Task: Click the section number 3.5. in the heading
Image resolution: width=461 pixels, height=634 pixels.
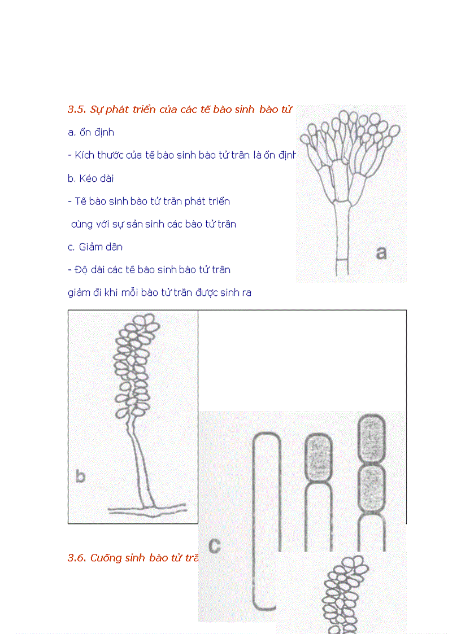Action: click(x=77, y=110)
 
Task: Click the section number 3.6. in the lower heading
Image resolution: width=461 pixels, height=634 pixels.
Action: click(x=77, y=558)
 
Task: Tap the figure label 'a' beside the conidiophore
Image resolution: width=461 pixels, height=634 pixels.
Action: click(x=381, y=252)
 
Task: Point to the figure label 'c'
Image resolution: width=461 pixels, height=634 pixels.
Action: click(x=214, y=546)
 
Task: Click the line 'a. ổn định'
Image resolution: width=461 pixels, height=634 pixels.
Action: click(x=91, y=133)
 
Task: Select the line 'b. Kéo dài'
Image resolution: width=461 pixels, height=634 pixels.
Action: click(x=90, y=178)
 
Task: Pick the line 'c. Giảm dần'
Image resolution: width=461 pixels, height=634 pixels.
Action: click(x=95, y=247)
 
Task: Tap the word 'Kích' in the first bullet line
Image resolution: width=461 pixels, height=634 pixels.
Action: click(x=84, y=155)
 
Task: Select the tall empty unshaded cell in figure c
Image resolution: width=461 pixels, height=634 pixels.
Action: click(x=266, y=519)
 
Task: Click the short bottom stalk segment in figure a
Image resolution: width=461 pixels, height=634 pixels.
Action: click(x=342, y=268)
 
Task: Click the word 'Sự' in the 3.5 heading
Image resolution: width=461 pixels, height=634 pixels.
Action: click(x=97, y=110)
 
